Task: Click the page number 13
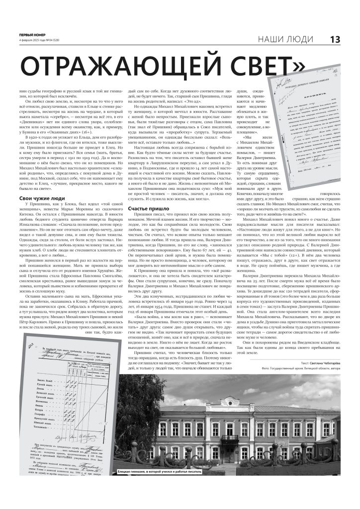click(x=335, y=39)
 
